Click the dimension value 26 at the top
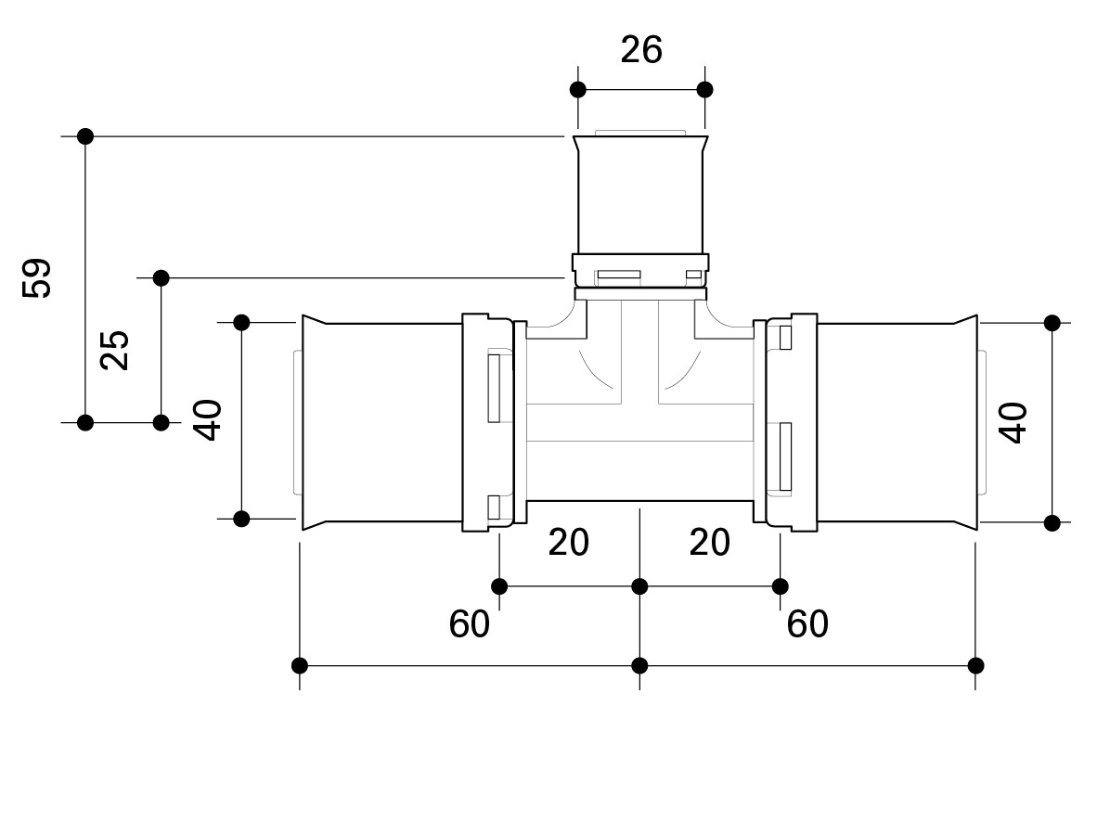641,50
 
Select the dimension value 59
37,278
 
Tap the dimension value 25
115,350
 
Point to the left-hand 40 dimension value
208,419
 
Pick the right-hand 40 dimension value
1013,422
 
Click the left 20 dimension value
568,542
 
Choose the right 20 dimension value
709,542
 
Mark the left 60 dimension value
470,623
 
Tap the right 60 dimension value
807,623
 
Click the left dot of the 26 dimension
578,90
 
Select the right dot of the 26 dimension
705,90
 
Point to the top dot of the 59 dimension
85,136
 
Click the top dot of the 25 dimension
161,278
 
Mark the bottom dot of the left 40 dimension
241,519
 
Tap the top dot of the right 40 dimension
1052,323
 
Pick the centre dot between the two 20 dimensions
639,586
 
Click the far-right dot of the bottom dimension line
976,665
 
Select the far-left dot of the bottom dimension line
300,665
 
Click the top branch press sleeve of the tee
641,196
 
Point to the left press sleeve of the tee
382,422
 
